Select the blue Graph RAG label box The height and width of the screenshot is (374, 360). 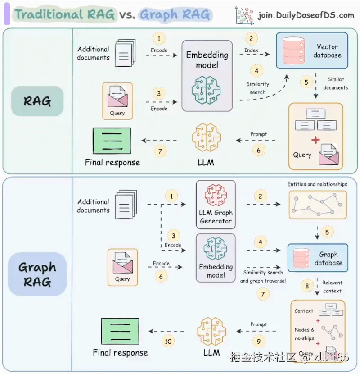point(37,274)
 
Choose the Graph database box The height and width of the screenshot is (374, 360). point(318,259)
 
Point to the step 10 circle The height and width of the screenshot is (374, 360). point(168,342)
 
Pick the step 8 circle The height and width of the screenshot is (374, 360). point(307,286)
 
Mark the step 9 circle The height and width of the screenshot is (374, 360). point(258,342)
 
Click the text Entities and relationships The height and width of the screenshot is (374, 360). point(317,184)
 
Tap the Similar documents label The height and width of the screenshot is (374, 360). point(336,83)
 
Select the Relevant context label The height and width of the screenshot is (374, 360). point(332,287)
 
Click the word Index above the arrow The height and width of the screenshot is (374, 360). point(251,50)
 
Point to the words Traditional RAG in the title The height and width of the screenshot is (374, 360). point(65,15)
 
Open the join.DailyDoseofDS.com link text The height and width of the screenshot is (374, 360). point(306,15)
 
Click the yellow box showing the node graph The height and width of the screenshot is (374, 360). point(318,205)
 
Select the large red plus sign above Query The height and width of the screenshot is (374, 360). point(315,140)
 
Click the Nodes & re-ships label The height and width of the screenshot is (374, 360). point(305,334)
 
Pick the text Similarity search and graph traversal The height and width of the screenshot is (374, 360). point(263,277)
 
